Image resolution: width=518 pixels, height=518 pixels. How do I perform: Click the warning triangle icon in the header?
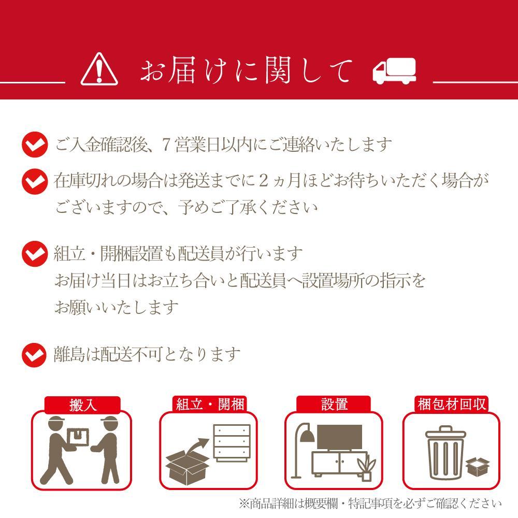pos(99,69)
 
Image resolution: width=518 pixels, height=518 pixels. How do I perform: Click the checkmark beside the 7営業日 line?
pos(35,145)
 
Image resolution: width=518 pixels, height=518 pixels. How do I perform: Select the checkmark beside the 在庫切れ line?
pos(35,181)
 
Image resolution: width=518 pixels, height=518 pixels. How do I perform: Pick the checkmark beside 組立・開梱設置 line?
pos(35,254)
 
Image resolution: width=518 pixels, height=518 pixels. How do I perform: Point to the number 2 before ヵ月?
pos(263,181)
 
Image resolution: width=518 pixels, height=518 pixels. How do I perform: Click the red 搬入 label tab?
pos(82,405)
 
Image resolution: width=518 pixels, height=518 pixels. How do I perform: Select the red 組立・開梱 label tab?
pos(209,405)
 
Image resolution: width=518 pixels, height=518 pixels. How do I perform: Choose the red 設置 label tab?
pos(334,404)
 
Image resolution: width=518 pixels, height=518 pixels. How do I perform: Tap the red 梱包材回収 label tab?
pos(451,404)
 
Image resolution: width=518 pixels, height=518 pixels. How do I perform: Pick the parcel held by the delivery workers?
pos(78,437)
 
